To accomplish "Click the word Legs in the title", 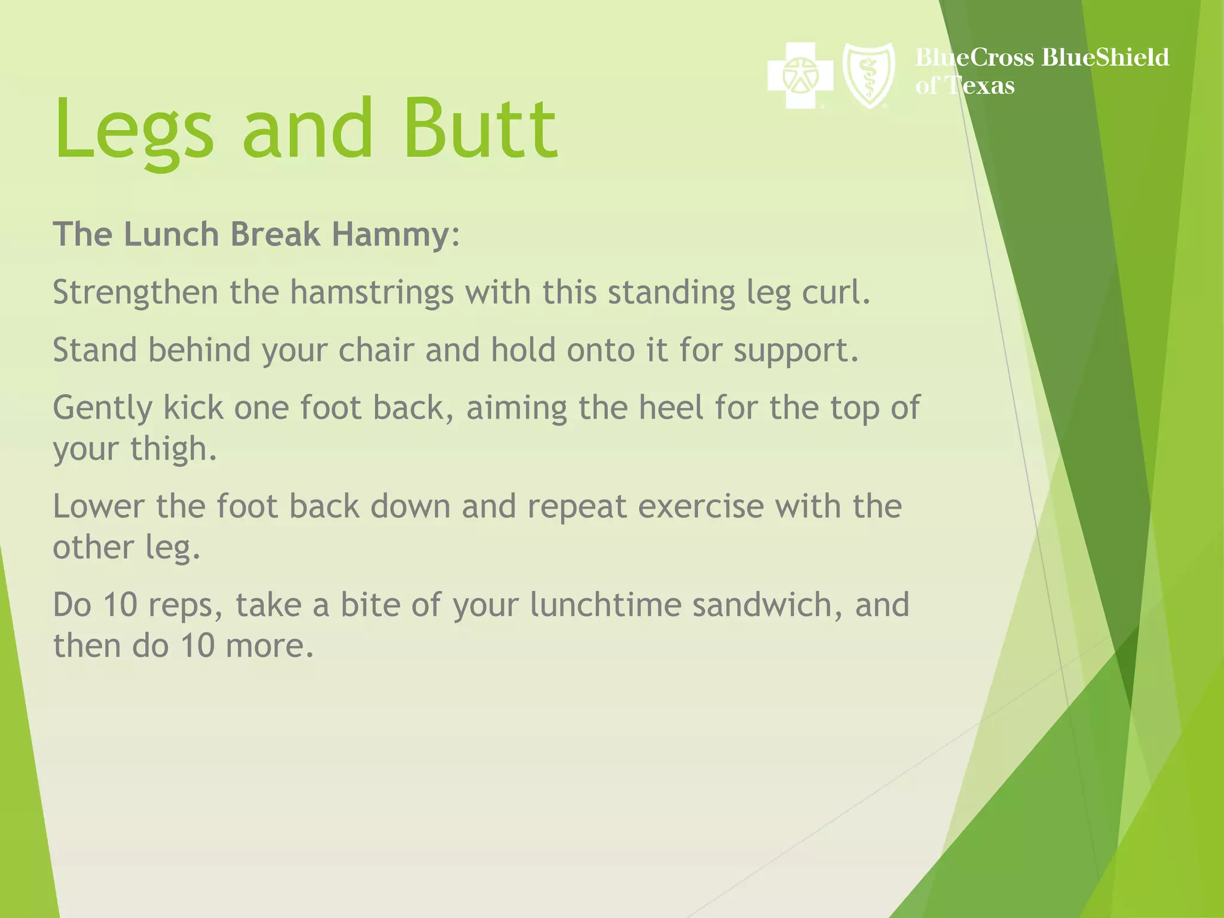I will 134,130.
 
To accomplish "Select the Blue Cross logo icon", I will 800,76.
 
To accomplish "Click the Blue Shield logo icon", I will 868,75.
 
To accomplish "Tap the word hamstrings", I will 372,293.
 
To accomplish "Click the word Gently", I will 102,409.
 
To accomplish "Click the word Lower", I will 99,507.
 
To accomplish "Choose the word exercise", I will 701,507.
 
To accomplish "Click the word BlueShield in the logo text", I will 1105,58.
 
